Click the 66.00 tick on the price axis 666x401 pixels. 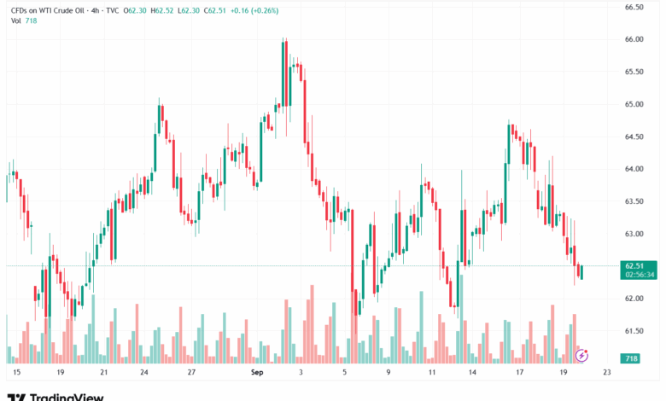click(x=633, y=39)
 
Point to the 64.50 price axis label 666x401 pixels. click(x=633, y=137)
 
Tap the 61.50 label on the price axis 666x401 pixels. click(x=633, y=331)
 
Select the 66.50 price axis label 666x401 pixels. click(x=633, y=7)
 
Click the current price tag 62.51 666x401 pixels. click(x=633, y=266)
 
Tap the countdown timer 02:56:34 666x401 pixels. click(x=639, y=276)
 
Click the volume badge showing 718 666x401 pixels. click(x=631, y=359)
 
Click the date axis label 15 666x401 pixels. click(x=15, y=373)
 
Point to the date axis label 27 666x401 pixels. click(x=192, y=373)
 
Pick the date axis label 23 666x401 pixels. click(x=605, y=373)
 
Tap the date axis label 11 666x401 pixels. click(x=432, y=373)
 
